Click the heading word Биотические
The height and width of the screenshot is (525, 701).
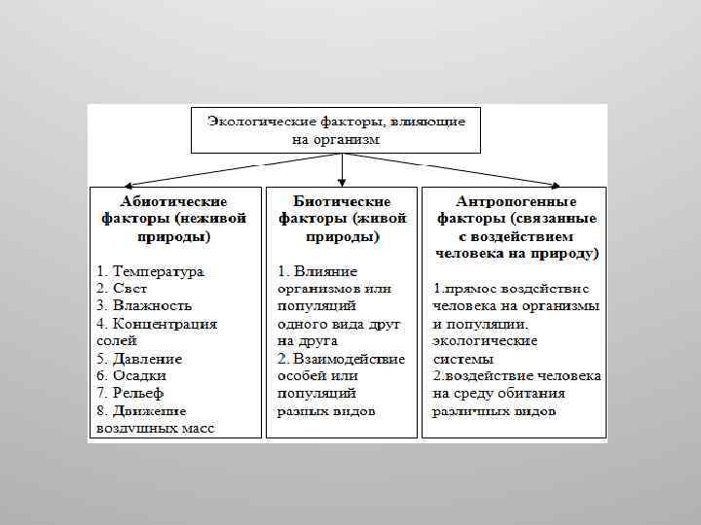[342, 200]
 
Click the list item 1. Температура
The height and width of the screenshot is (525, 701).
[150, 271]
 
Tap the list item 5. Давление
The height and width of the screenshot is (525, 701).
[139, 359]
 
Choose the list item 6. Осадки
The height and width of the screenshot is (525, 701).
[131, 376]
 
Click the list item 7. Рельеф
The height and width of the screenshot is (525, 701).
[132, 394]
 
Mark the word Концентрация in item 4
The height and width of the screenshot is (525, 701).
[166, 324]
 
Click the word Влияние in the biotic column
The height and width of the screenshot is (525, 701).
[325, 271]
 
